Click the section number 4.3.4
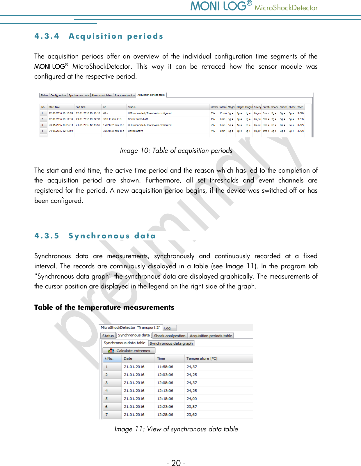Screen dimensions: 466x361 click(x=47, y=36)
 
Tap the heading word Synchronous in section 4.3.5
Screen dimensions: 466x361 click(x=99, y=236)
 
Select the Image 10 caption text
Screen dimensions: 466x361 click(x=176, y=151)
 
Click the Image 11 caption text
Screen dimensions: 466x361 click(x=176, y=429)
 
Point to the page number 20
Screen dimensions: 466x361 click(x=176, y=463)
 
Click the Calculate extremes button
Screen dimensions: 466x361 click(x=129, y=351)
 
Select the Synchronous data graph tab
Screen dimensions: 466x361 click(x=171, y=343)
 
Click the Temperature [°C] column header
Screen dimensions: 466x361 click(x=202, y=359)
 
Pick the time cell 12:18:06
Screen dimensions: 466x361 click(x=165, y=399)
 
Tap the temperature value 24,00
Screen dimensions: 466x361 click(x=192, y=399)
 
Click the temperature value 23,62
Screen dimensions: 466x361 click(x=192, y=415)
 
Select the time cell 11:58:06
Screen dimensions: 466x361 click(x=165, y=367)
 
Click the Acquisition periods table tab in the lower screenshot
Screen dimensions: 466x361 click(x=211, y=336)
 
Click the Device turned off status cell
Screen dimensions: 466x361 click(x=138, y=119)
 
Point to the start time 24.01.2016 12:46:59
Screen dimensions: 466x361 click(x=61, y=131)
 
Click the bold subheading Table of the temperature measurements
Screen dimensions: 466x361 click(x=104, y=308)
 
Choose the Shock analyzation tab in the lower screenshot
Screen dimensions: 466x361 click(x=170, y=336)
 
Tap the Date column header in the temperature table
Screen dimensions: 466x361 click(x=128, y=359)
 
